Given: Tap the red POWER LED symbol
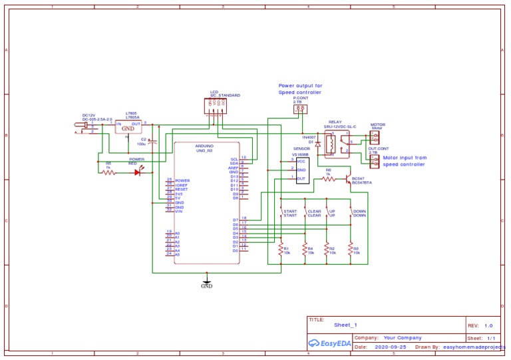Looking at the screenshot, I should [x=138, y=172].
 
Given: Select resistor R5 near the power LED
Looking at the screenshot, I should [x=109, y=172].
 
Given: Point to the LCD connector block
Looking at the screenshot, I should [x=215, y=106].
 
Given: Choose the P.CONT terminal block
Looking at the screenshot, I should [x=301, y=108].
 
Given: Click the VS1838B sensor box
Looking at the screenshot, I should [x=303, y=170].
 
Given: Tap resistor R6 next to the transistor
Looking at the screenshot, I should [x=328, y=178].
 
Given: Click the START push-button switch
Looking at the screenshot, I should [x=282, y=214].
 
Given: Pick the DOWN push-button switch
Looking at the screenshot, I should [x=351, y=214].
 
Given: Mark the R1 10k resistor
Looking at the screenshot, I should [x=281, y=250].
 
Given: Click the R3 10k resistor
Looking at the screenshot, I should [x=351, y=250].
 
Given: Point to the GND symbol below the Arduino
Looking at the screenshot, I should [x=207, y=283].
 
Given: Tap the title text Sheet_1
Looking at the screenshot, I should [x=346, y=325].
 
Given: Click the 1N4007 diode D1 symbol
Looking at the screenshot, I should [x=318, y=143].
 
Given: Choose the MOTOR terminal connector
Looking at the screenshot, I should [x=374, y=136].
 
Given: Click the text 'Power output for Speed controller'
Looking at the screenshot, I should [x=300, y=89].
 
